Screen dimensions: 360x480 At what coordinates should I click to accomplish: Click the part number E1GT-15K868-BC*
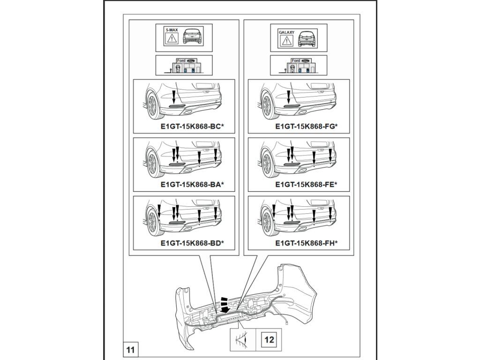tap(192, 127)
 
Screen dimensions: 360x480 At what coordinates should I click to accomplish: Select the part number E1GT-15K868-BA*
tap(192, 185)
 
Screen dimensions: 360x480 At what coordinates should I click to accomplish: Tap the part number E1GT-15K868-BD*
tap(192, 243)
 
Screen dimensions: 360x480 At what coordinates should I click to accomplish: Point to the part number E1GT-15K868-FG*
tap(307, 127)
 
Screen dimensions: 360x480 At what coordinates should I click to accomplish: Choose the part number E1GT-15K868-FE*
tap(307, 185)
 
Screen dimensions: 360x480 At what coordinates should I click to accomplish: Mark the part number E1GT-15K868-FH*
tap(307, 243)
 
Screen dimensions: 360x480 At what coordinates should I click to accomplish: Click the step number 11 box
tap(130, 349)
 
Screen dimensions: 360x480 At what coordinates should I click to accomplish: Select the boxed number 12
tap(270, 340)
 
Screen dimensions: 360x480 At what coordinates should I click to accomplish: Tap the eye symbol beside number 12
tap(243, 340)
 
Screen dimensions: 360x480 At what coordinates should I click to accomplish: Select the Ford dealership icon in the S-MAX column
tap(183, 65)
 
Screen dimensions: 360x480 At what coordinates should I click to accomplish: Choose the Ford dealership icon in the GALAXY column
tap(299, 65)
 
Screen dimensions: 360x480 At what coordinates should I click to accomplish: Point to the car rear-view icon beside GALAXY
tap(307, 37)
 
